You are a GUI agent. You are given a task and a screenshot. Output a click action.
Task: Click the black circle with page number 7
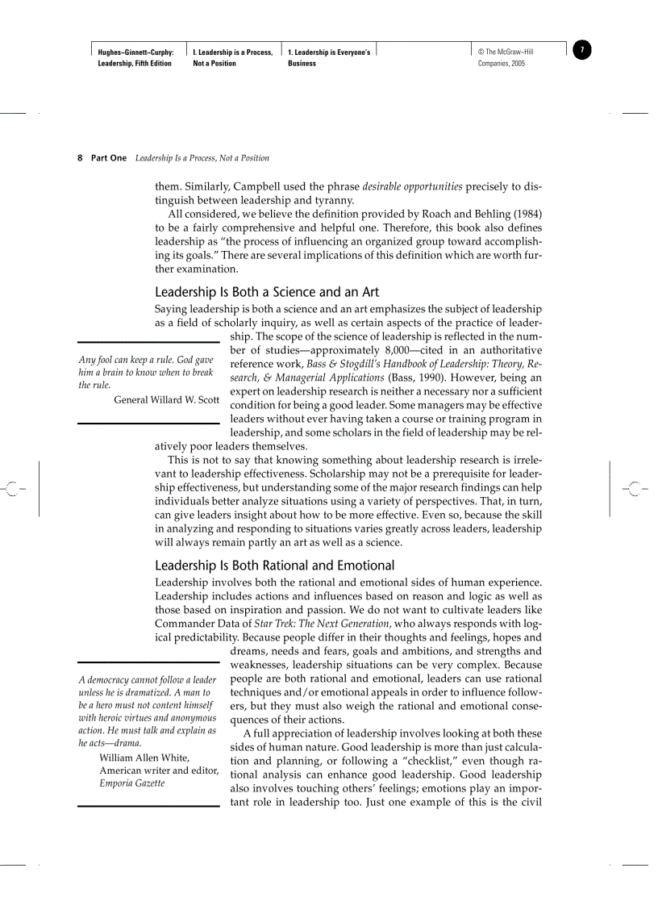[x=582, y=50]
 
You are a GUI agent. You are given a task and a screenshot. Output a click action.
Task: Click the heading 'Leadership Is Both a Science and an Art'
[x=266, y=292]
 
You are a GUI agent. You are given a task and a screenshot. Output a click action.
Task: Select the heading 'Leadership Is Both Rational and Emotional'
[x=274, y=565]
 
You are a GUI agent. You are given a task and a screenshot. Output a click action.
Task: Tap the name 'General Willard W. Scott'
[x=167, y=400]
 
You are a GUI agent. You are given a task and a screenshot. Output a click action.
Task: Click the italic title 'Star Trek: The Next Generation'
[x=323, y=623]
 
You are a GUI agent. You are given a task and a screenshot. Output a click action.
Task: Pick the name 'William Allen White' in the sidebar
[x=144, y=758]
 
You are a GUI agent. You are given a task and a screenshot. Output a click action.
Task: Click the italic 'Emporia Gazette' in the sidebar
[x=131, y=783]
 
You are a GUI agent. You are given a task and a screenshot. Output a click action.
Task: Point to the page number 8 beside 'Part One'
[x=80, y=158]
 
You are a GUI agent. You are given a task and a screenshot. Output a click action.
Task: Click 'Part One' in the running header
[x=109, y=158]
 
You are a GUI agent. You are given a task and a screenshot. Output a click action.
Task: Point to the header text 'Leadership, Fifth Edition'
[x=135, y=64]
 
